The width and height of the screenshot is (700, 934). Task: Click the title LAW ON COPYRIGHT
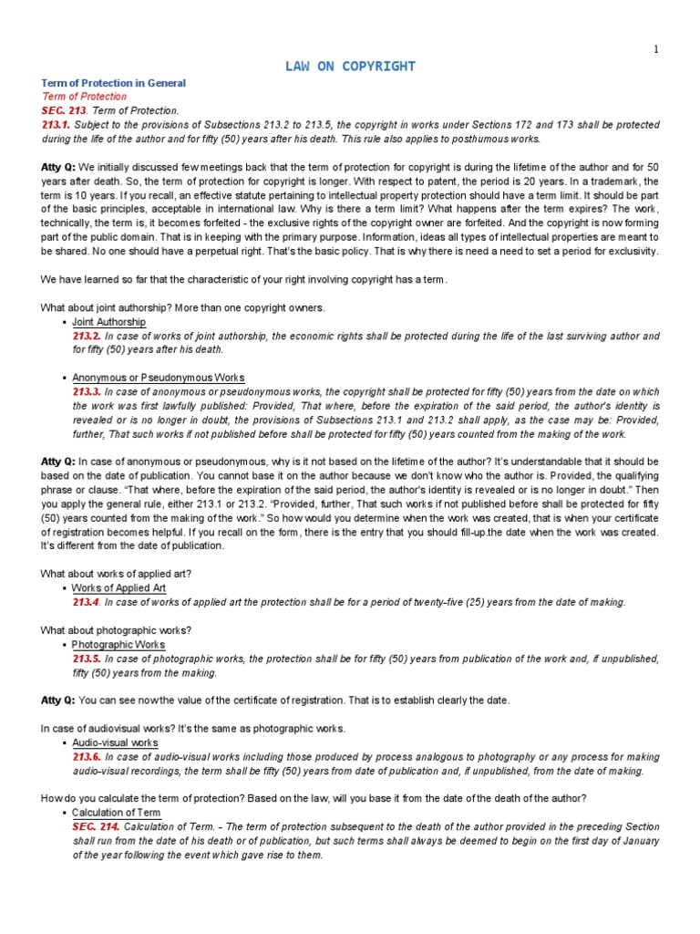(350, 67)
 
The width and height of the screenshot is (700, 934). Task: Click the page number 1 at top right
(654, 49)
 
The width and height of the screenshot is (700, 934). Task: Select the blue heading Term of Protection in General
(113, 83)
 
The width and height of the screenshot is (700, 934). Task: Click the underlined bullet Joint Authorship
(108, 322)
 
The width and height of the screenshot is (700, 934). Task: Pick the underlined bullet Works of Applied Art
(118, 588)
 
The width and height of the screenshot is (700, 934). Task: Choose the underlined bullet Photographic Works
(118, 644)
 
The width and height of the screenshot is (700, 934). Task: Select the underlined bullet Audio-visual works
(115, 742)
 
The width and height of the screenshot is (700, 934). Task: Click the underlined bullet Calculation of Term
(116, 812)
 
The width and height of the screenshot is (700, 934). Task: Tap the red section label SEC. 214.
(96, 826)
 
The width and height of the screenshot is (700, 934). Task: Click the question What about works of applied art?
(116, 573)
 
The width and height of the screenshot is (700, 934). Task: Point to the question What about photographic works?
(113, 629)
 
